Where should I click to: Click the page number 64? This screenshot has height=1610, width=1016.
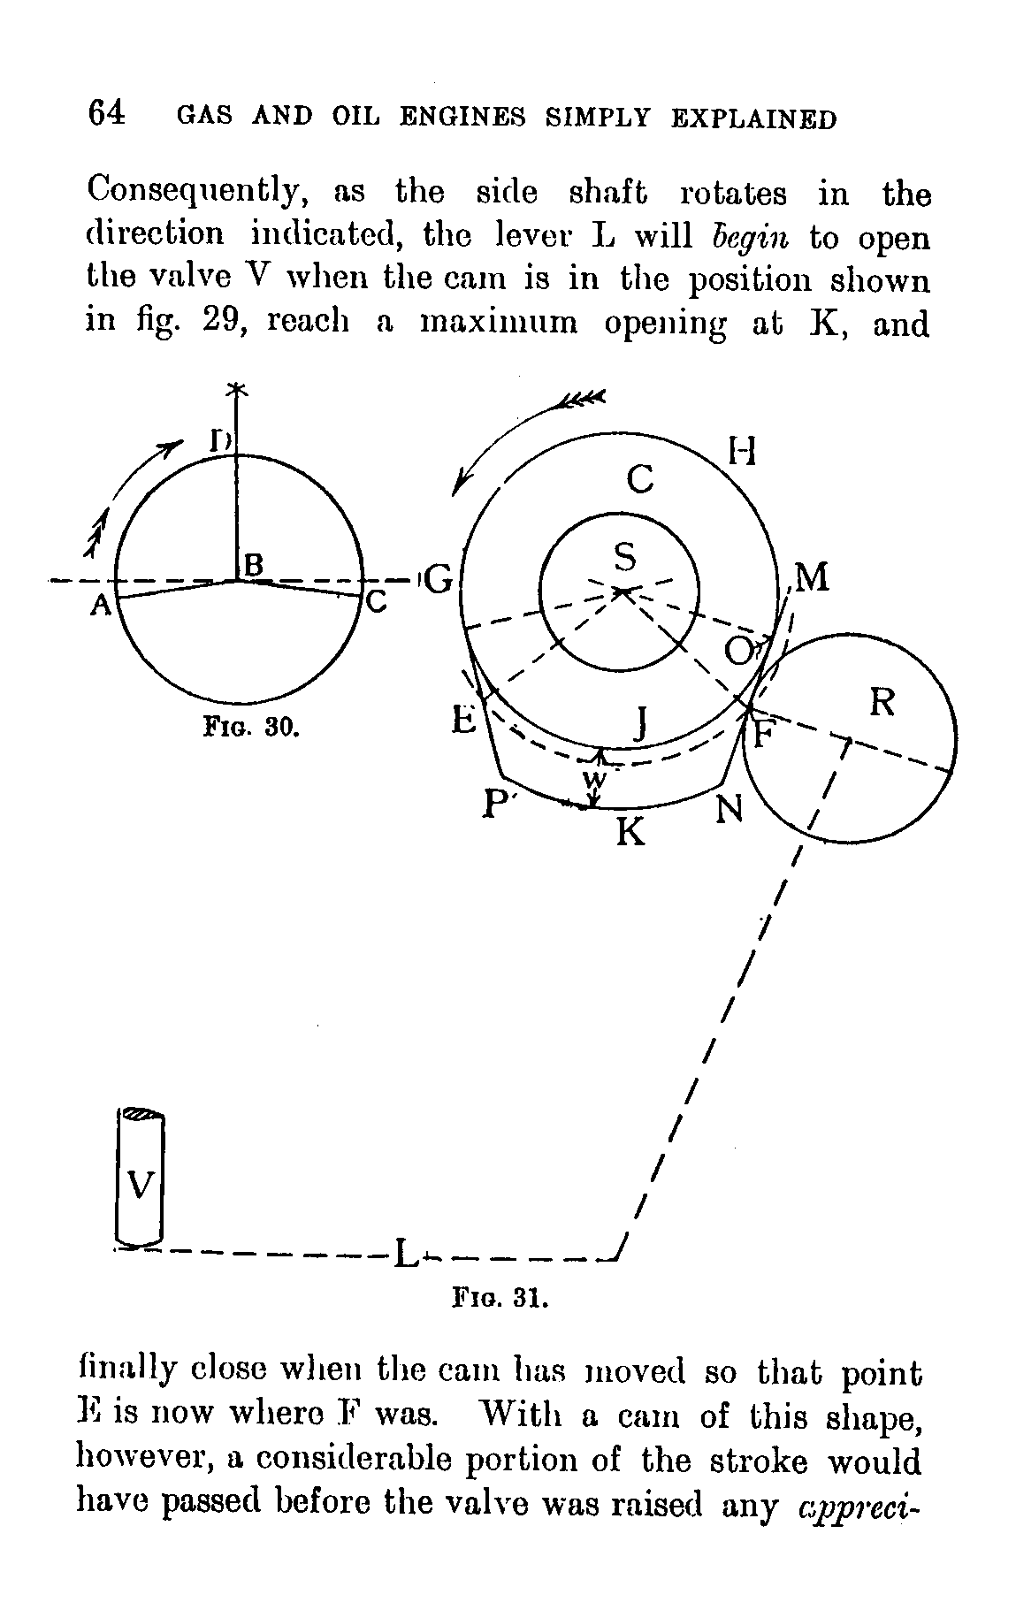[107, 115]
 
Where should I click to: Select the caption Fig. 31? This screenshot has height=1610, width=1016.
[500, 1299]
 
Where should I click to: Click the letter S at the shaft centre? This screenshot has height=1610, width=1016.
[625, 558]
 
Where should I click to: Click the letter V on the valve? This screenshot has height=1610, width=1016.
[141, 1182]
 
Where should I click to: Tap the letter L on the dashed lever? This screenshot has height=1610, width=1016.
[404, 1252]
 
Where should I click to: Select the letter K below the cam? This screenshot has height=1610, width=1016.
[630, 831]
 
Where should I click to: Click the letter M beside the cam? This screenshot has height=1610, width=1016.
[812, 578]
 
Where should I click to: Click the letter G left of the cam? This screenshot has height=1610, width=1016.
[439, 581]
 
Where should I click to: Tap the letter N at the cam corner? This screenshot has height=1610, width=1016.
[729, 808]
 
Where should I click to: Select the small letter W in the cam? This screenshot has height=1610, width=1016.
[594, 779]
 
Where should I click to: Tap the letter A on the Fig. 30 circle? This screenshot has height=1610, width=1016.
[103, 606]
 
